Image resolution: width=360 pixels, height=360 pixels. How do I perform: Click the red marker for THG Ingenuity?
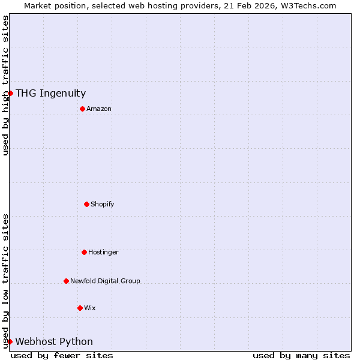coord(10,93)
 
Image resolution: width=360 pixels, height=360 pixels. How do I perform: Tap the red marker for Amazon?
coord(82,109)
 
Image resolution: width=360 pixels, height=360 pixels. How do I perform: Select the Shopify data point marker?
coord(86,204)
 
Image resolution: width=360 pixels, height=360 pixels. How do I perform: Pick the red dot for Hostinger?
coord(84,252)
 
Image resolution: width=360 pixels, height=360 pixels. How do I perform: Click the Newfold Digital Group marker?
coord(66,281)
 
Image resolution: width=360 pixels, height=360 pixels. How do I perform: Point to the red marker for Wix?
coord(80,308)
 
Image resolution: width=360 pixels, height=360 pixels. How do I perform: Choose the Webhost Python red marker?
coord(10,341)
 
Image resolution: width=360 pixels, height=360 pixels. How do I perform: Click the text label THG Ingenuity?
coord(50,93)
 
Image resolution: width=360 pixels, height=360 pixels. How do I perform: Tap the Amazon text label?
coord(99,109)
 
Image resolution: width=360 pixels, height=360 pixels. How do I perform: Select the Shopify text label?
coord(103,204)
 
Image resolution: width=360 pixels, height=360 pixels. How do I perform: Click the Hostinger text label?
coord(103,252)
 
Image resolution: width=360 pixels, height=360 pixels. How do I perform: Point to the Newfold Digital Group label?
coord(105,281)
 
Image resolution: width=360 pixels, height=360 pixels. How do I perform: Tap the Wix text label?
coord(90,308)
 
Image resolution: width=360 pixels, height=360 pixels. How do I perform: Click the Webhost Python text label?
coord(54,341)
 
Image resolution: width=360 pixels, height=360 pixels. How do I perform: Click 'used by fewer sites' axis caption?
coord(62,355)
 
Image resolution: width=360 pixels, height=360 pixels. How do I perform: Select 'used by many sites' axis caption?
coord(301,355)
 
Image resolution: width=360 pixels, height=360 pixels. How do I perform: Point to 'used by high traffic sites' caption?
coord(5,85)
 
